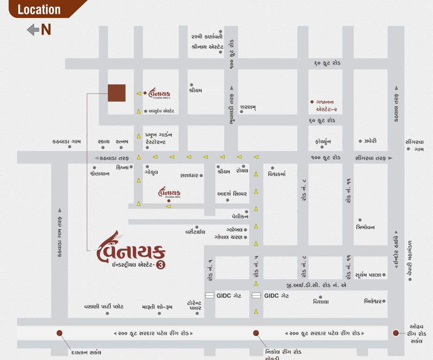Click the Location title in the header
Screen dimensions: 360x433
pyautogui.click(x=39, y=9)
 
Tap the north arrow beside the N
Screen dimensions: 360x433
pyautogui.click(x=33, y=30)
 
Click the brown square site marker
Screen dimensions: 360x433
pyautogui.click(x=116, y=93)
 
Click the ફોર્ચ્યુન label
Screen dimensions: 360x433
pyautogui.click(x=324, y=141)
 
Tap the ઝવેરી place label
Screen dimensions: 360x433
pyautogui.click(x=370, y=141)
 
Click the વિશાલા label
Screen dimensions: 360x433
pyautogui.click(x=321, y=302)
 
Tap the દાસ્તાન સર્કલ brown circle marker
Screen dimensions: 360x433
pyautogui.click(x=59, y=333)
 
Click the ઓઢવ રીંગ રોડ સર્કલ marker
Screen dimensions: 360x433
pyautogui.click(x=396, y=333)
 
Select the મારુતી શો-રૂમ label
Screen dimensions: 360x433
pyautogui.click(x=157, y=307)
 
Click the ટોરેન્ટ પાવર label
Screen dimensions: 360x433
pyautogui.click(x=194, y=305)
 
